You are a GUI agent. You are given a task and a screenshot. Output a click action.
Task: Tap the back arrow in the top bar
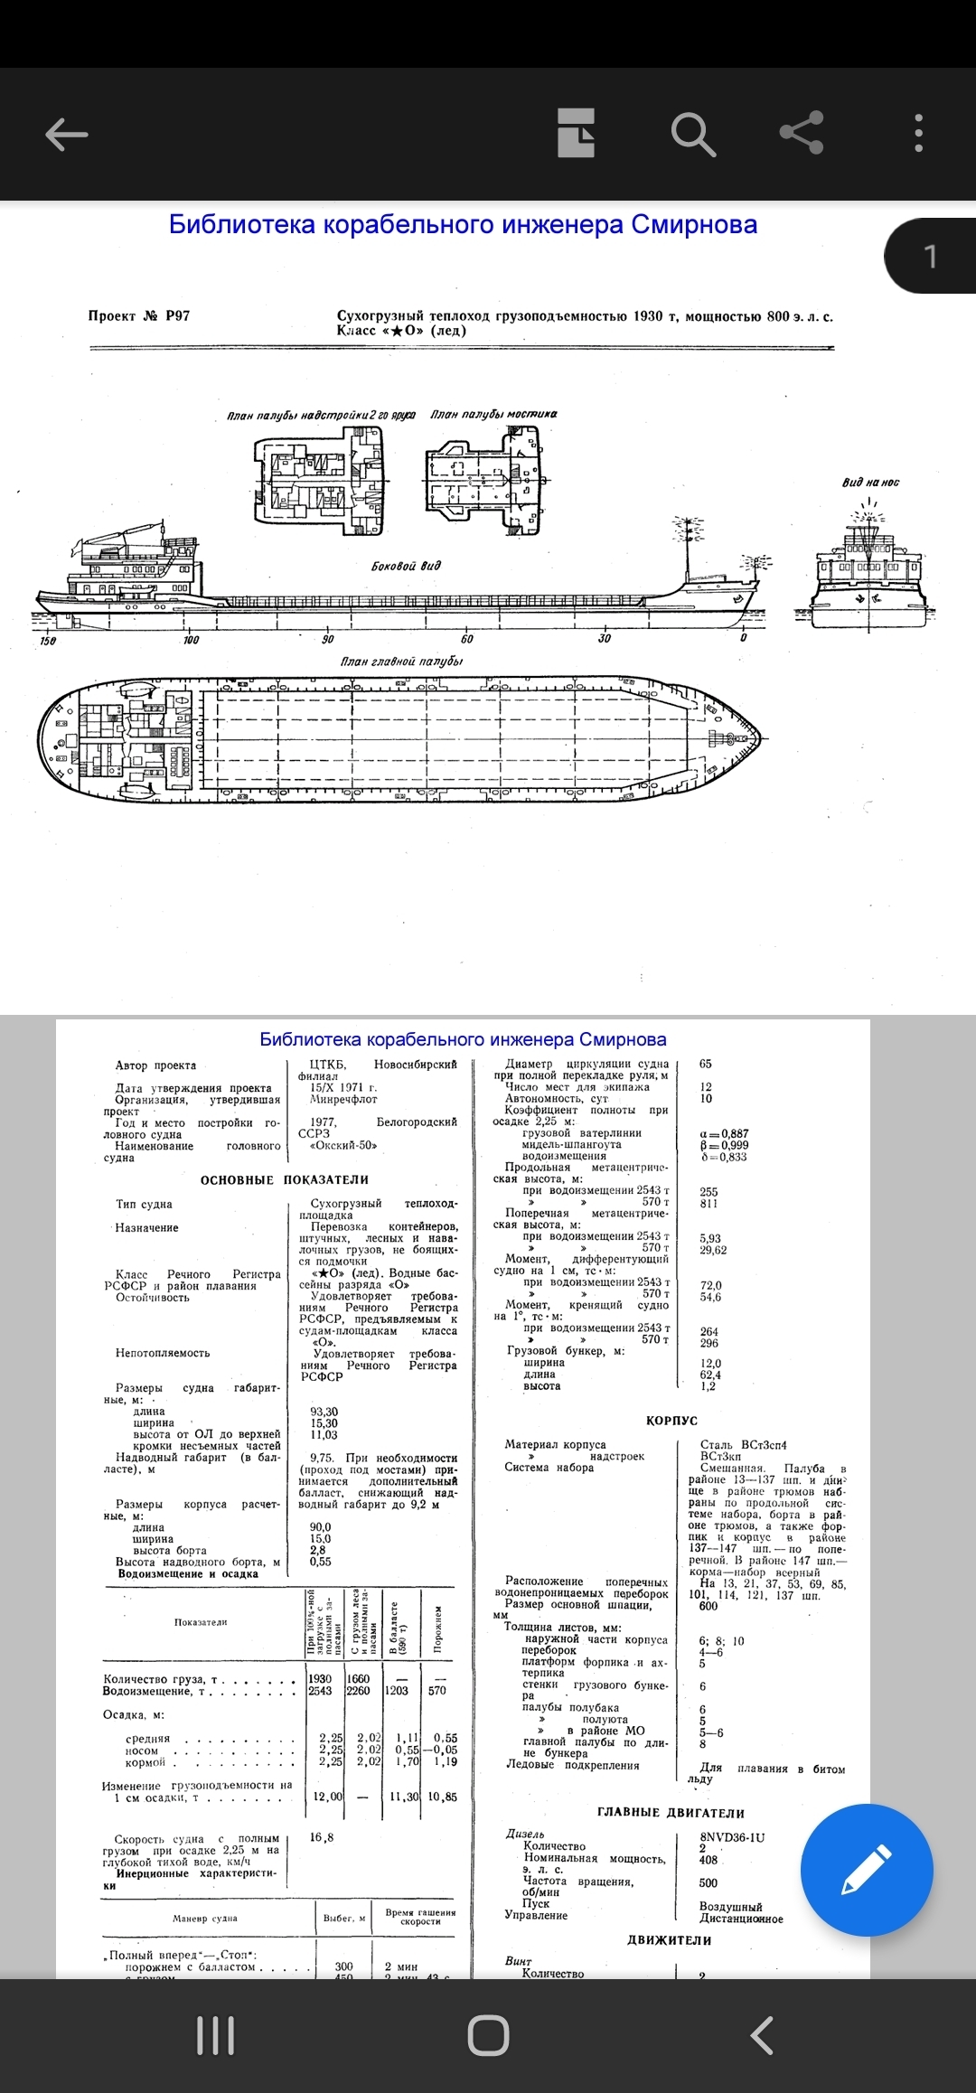point(66,135)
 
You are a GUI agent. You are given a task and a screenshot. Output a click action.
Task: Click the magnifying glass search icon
point(693,134)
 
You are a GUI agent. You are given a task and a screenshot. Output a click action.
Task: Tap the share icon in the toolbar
point(802,134)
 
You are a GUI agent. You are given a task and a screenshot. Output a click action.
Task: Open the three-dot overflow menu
point(918,134)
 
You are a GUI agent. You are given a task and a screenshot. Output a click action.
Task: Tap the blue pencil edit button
point(866,1870)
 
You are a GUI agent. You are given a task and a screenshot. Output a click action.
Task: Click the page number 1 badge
point(931,257)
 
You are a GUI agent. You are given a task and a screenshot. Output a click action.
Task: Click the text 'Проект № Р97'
point(139,315)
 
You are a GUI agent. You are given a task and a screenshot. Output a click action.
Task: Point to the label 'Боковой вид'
point(406,566)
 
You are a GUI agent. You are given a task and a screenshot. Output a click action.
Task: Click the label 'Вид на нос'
point(870,483)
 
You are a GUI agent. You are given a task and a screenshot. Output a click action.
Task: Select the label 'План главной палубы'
point(401,662)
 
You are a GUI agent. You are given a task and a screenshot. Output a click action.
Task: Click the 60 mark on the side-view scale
point(466,639)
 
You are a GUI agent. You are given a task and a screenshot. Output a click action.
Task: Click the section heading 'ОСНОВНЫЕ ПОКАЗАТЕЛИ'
point(285,1180)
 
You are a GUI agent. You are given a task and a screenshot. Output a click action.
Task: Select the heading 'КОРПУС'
point(671,1421)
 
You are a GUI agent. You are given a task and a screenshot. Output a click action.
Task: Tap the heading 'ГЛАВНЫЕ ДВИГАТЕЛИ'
point(671,1813)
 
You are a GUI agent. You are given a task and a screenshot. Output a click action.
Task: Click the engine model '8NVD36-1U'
point(732,1837)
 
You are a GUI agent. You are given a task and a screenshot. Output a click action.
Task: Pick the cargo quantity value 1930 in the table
point(320,1679)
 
